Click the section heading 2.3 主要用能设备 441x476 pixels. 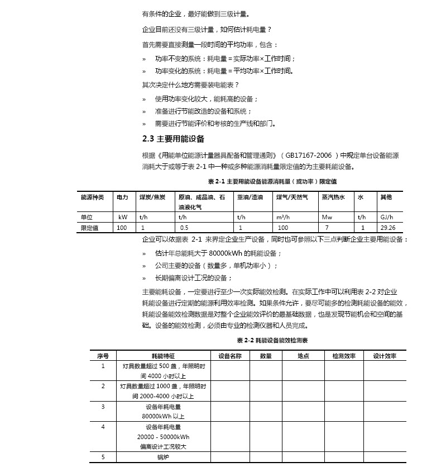pos(173,139)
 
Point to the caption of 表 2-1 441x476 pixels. pos(272,182)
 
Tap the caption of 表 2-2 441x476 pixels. pos(272,340)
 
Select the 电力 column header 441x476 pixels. pos(122,197)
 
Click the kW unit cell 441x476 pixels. pos(123,217)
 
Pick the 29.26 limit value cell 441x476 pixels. pos(388,228)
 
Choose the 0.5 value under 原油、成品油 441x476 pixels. pos(184,228)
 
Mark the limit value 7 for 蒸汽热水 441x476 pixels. pos(327,228)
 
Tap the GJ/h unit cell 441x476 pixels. pos(387,217)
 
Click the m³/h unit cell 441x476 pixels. pos(282,217)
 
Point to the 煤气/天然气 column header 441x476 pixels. pos(292,197)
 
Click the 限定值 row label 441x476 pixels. pos(90,228)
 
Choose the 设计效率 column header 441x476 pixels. pos(385,356)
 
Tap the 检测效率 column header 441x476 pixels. pos(344,356)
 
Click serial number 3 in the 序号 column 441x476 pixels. pos(103,407)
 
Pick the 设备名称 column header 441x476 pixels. pos(230,356)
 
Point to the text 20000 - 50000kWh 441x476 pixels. pos(164,437)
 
